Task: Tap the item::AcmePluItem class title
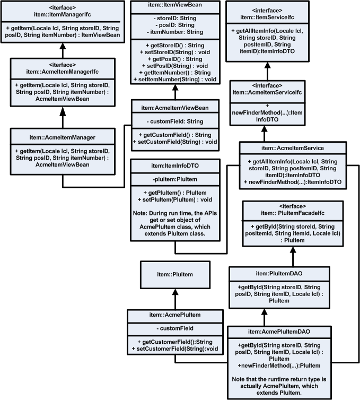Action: coord(175,315)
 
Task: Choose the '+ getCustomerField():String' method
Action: coord(175,342)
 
